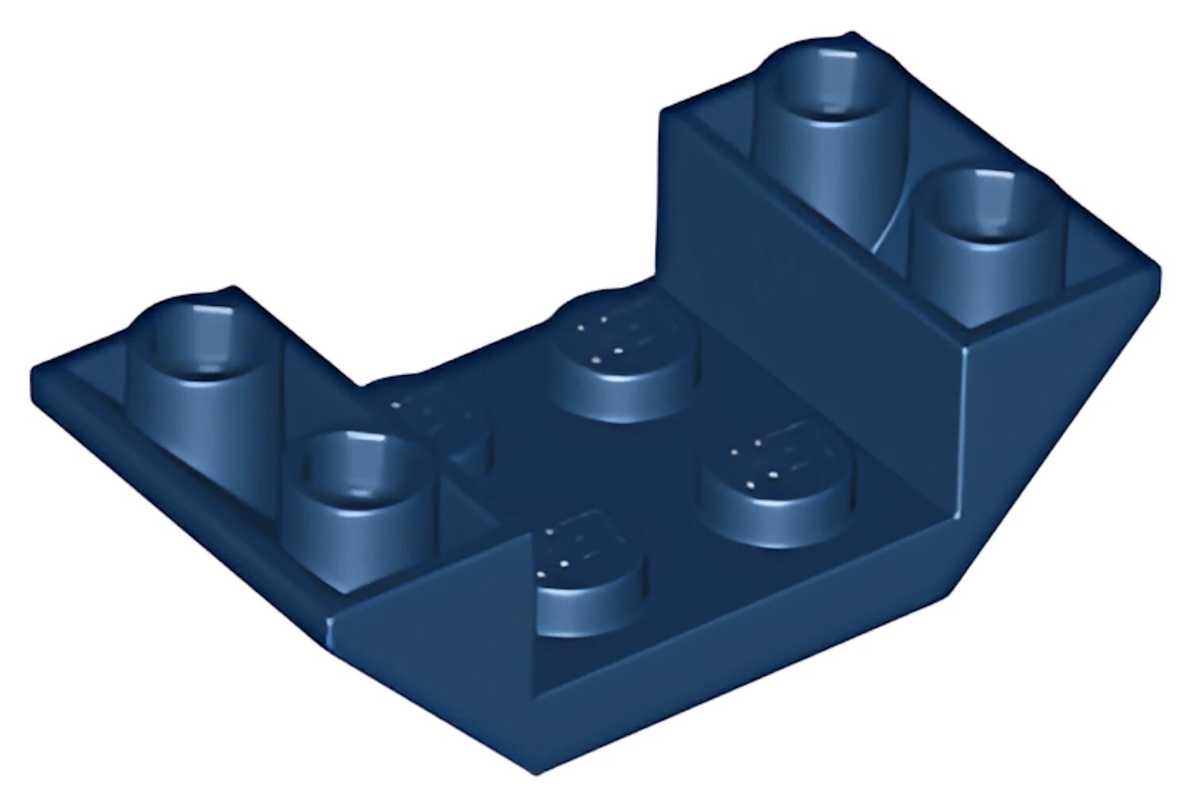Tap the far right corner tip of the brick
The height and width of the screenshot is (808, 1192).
1157,274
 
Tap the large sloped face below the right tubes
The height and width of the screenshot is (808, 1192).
1033,445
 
